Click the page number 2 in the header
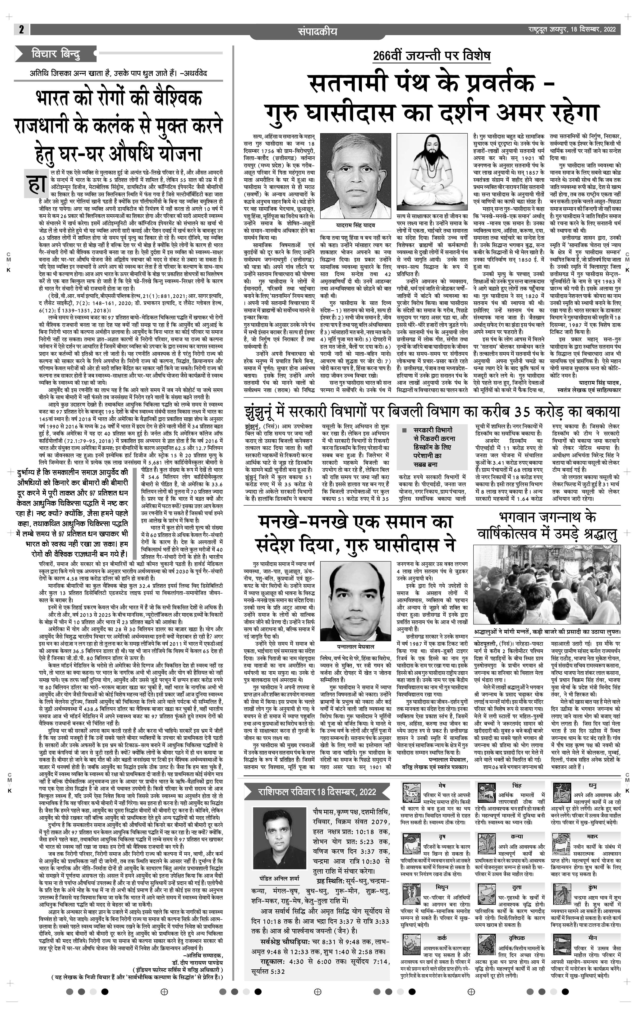tap(21, 29)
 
